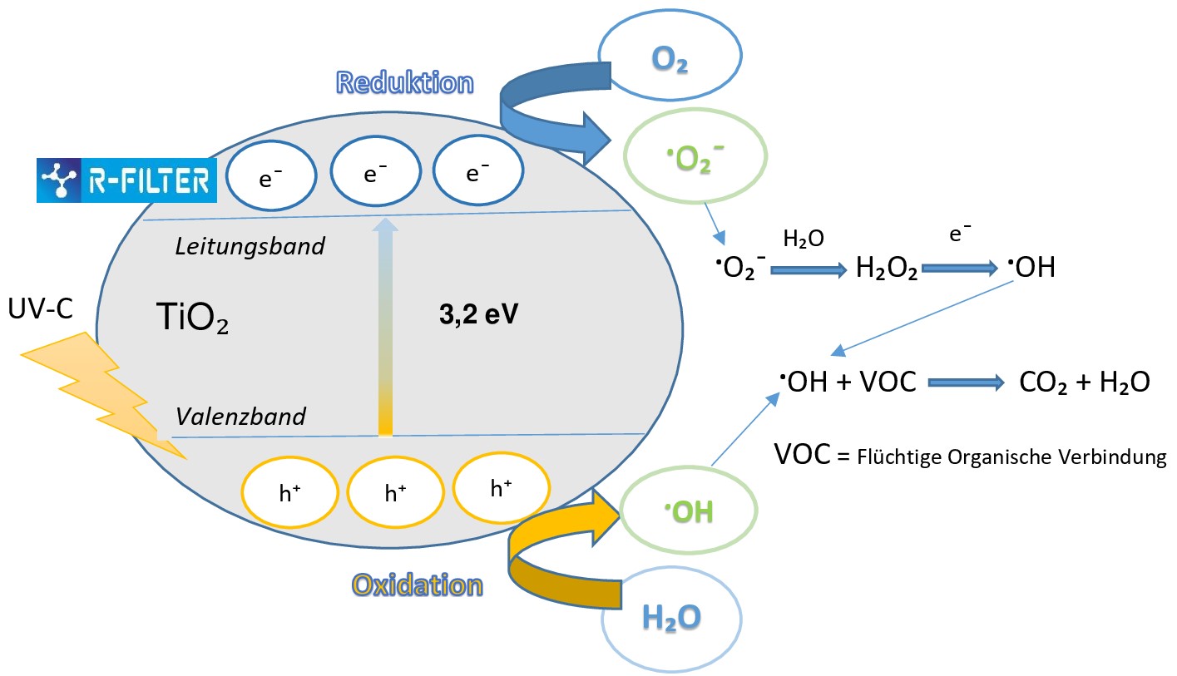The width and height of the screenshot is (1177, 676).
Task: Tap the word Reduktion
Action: click(x=404, y=83)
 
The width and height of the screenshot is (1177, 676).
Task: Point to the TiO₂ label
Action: click(x=192, y=318)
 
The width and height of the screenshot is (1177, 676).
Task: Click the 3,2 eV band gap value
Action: click(x=477, y=318)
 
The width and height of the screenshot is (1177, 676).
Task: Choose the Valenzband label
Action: click(x=240, y=416)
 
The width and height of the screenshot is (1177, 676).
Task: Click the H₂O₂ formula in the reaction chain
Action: click(x=887, y=269)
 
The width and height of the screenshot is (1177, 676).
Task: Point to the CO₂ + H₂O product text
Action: click(x=1084, y=382)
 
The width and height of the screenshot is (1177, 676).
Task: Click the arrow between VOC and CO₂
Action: click(x=966, y=382)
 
